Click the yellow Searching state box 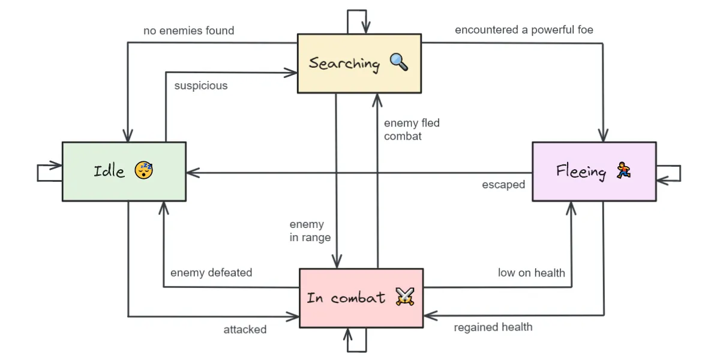click(x=359, y=64)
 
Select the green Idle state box click(x=124, y=172)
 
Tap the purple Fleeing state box click(x=595, y=172)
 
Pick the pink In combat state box click(x=361, y=298)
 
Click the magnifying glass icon click(x=399, y=62)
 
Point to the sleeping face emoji click(x=143, y=170)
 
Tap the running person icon click(x=623, y=170)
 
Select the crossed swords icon click(x=405, y=296)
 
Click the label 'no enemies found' click(x=188, y=31)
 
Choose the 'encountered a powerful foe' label click(x=524, y=30)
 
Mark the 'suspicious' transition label click(x=201, y=86)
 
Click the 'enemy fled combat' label click(x=412, y=130)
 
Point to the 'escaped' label click(x=503, y=185)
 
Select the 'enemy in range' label click(x=310, y=231)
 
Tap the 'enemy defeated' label click(x=211, y=272)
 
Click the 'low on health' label click(x=532, y=272)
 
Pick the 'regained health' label click(x=493, y=327)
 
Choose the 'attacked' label click(x=245, y=329)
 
